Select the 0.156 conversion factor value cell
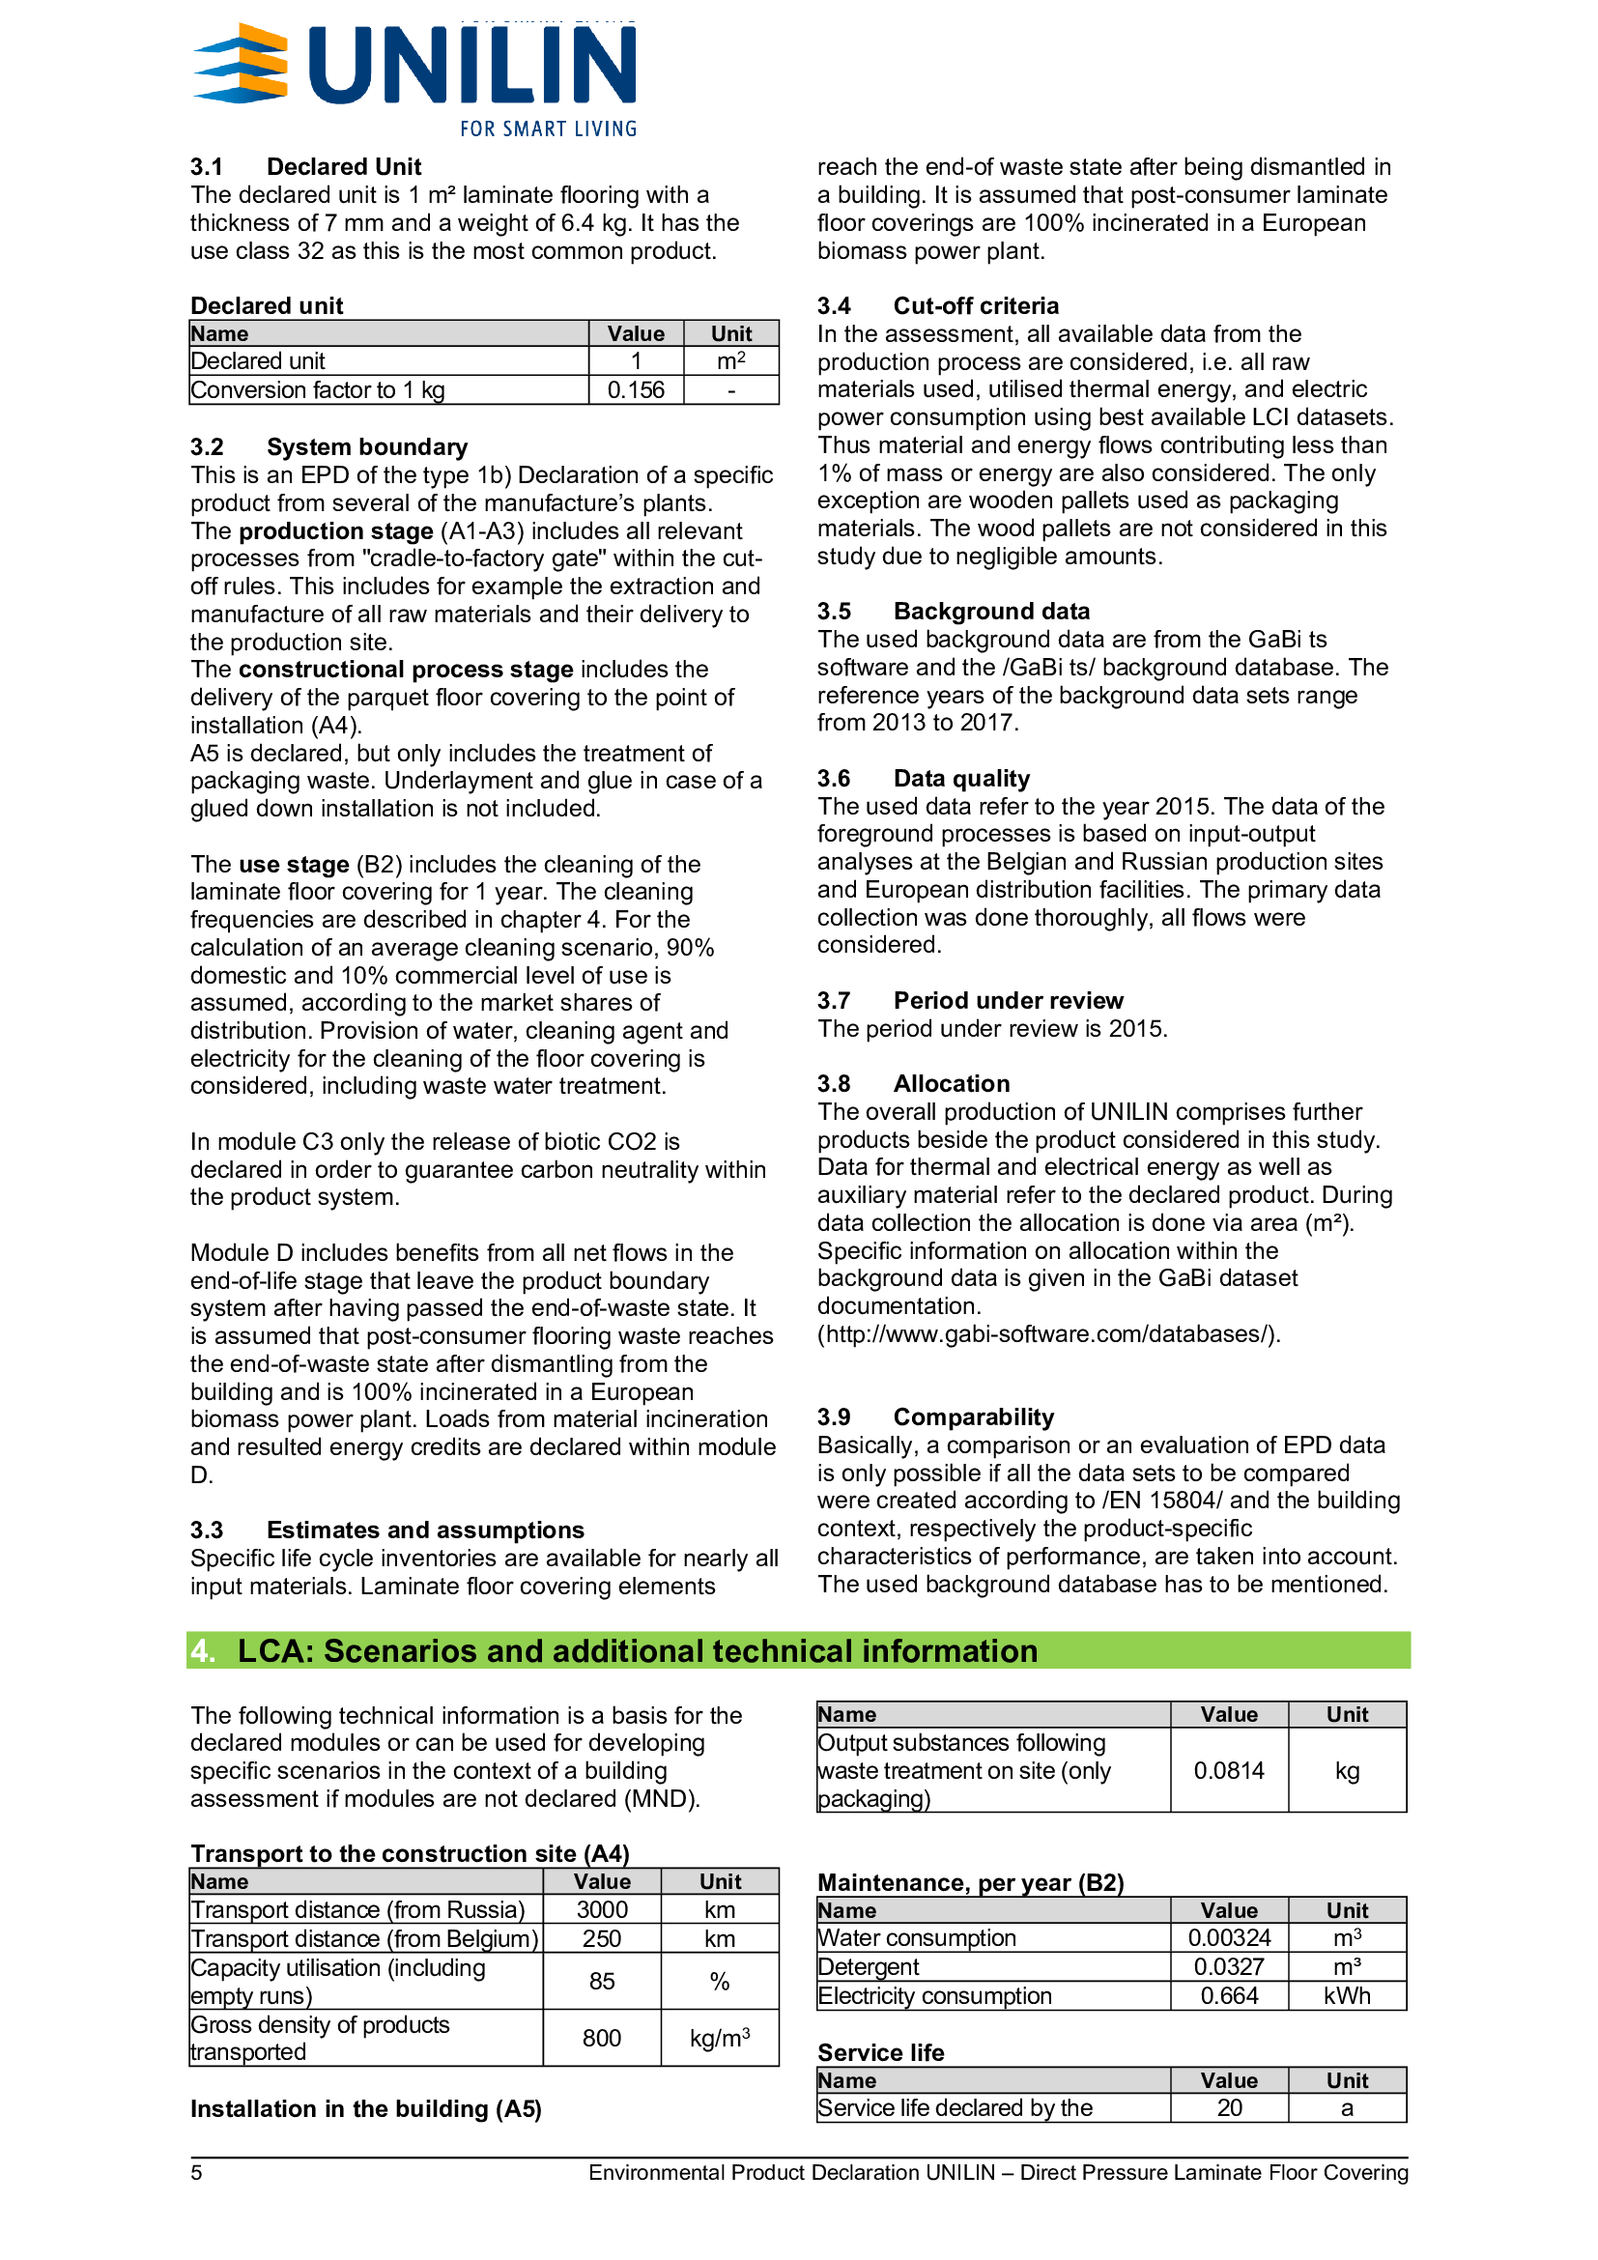[636, 389]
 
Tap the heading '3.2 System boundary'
[328, 447]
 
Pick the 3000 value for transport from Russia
[601, 1909]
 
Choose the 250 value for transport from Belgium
[601, 1938]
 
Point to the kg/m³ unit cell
[720, 2037]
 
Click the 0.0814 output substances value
[1229, 1770]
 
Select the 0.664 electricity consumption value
[1229, 1995]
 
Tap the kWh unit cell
[1347, 1995]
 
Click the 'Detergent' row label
[868, 1966]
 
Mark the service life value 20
[1229, 2107]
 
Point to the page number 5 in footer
[197, 2172]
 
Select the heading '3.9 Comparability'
[935, 1416]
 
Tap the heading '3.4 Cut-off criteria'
[938, 305]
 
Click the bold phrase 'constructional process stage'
[406, 670]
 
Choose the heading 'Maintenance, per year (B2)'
[970, 1882]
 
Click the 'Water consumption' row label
[916, 1937]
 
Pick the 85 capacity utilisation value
[601, 1981]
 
